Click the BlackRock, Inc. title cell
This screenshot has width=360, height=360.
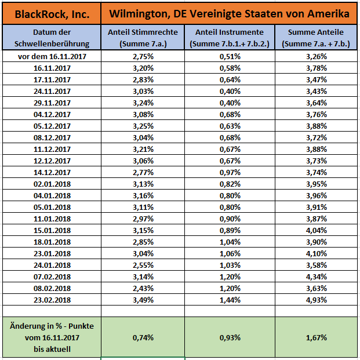point(52,13)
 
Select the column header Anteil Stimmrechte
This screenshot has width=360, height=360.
point(143,38)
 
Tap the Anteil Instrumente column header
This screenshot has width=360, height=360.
point(230,38)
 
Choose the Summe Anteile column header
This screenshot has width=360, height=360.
point(316,38)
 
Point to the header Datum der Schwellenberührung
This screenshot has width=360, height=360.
point(52,38)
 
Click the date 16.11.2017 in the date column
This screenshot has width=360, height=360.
point(52,68)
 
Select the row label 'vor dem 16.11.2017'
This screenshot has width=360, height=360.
point(52,57)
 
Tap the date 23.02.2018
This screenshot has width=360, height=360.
point(52,300)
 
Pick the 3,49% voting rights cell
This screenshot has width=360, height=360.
point(143,300)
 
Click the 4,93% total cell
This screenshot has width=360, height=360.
point(316,300)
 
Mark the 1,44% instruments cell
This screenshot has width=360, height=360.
point(230,300)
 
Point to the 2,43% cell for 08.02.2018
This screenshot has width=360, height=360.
point(143,288)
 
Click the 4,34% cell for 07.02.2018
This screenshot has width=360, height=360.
point(316,277)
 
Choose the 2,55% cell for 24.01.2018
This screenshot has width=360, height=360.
point(143,265)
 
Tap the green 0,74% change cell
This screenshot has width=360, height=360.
point(143,337)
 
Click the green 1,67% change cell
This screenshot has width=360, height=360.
point(316,337)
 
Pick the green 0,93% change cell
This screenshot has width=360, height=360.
point(230,337)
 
